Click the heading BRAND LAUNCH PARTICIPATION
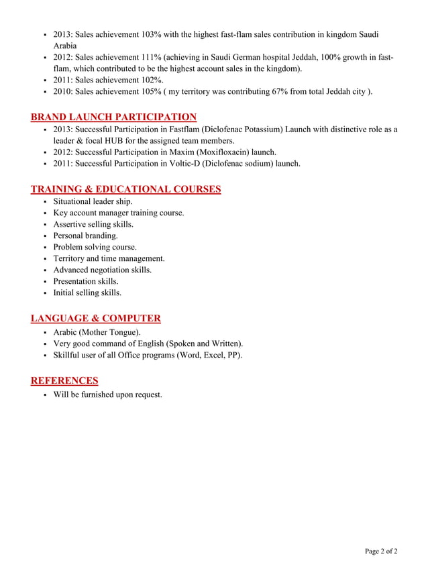pyautogui.click(x=113, y=117)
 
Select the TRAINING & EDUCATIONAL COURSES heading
pyautogui.click(x=125, y=189)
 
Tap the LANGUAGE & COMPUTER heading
pyautogui.click(x=95, y=318)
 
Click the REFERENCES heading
pyautogui.click(x=64, y=380)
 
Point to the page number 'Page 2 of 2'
pyautogui.click(x=381, y=551)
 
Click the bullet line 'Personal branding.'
pyautogui.click(x=85, y=236)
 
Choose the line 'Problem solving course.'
pyautogui.click(x=95, y=248)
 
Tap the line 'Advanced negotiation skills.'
pyautogui.click(x=103, y=270)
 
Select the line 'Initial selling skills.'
pyautogui.click(x=87, y=293)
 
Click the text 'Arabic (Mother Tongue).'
pyautogui.click(x=97, y=332)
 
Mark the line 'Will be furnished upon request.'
pyautogui.click(x=107, y=394)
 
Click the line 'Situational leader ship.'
pyautogui.click(x=93, y=202)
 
